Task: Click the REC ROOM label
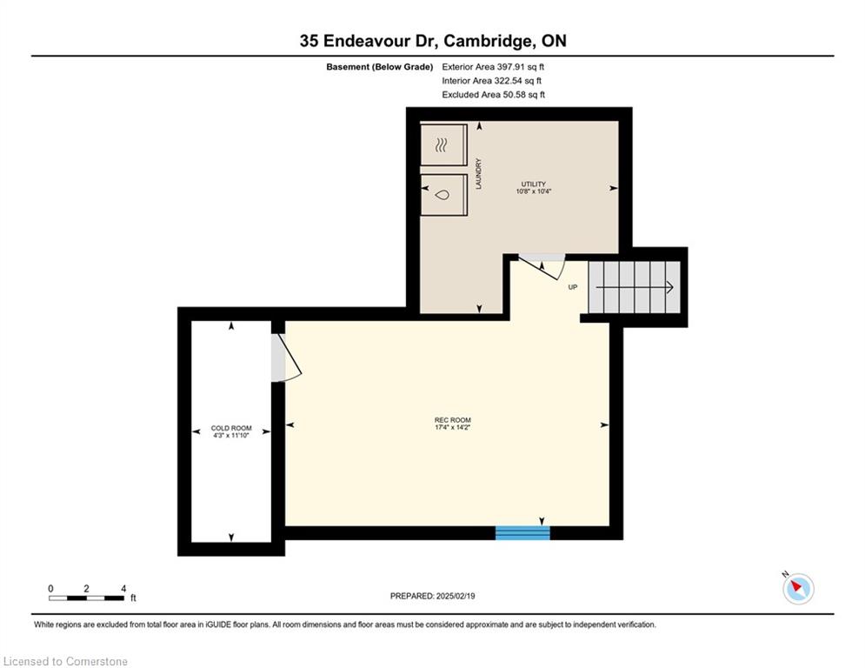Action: point(452,420)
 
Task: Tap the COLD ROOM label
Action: point(231,428)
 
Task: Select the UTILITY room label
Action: point(534,184)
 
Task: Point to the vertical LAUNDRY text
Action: point(478,174)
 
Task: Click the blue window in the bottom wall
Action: point(522,532)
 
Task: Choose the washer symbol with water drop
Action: point(442,195)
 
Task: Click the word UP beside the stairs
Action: point(573,287)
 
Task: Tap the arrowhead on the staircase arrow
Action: point(669,287)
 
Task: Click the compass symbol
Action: point(798,589)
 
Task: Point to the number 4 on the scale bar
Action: point(123,589)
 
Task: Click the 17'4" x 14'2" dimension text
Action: point(452,427)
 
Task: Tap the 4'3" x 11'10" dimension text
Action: point(231,435)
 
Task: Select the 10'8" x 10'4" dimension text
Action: point(534,191)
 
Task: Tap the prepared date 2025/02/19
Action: point(456,596)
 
